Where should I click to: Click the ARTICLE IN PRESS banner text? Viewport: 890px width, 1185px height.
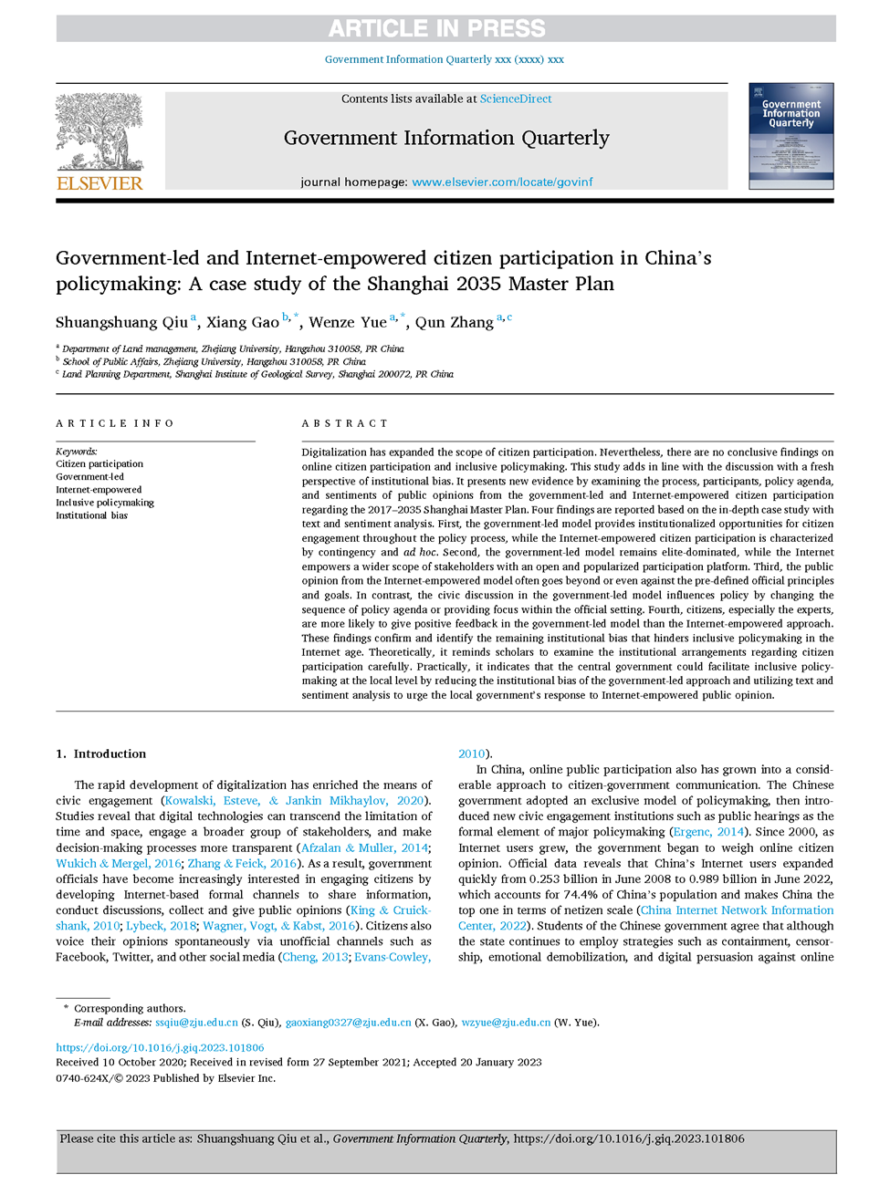pos(436,29)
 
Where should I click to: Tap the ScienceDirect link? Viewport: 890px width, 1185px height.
pos(516,99)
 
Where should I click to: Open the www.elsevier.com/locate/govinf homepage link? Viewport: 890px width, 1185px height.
pos(502,182)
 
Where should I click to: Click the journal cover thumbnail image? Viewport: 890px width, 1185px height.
pos(791,136)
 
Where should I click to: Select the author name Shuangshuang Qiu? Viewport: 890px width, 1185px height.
pos(121,322)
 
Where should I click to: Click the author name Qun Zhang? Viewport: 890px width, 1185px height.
pos(454,322)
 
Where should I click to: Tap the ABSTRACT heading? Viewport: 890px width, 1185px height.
pos(345,423)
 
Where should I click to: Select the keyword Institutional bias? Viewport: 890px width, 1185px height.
pos(91,515)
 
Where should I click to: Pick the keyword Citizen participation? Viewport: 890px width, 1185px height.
pos(99,464)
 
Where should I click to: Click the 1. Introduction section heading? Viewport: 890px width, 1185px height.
pos(100,754)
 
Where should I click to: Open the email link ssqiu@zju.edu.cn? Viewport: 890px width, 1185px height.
pos(196,1023)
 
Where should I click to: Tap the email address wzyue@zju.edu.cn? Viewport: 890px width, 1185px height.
pos(506,1023)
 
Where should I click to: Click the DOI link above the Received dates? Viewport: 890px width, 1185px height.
pos(160,1047)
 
